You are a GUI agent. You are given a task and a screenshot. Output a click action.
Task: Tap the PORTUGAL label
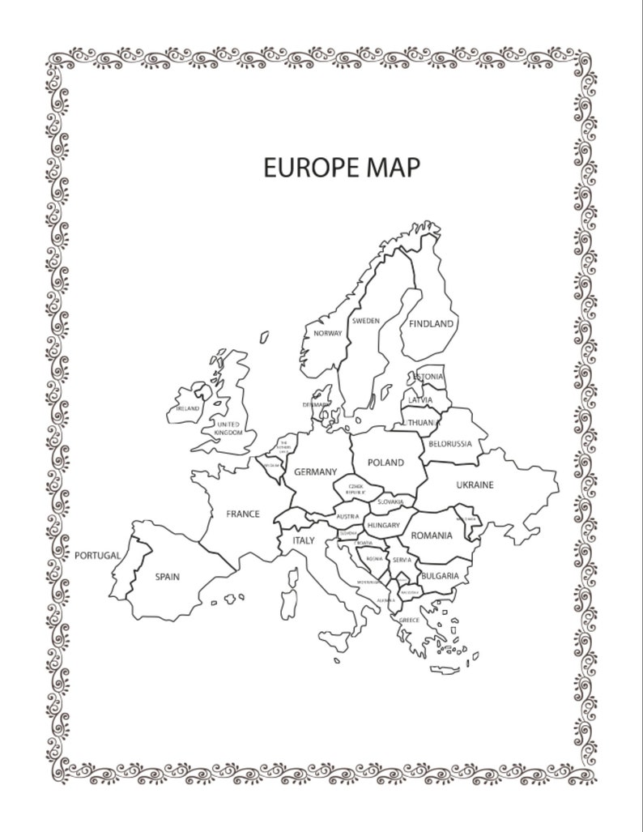97,556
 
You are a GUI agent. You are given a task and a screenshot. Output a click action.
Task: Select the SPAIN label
167,577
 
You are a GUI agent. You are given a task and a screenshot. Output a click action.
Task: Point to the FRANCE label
242,514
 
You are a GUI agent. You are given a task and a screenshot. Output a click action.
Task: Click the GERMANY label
315,471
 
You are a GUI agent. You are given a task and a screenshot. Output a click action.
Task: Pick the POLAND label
385,463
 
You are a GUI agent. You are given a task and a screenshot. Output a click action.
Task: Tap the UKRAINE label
475,485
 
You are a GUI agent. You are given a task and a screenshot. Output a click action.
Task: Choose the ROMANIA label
431,535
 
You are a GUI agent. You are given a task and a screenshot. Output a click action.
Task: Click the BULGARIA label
440,576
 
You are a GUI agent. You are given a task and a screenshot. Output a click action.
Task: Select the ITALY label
303,540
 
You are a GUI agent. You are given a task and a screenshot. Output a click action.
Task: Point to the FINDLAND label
431,323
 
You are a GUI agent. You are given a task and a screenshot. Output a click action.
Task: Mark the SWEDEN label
365,321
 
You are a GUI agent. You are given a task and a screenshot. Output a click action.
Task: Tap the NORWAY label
327,333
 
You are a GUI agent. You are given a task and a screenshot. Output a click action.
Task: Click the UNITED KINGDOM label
228,429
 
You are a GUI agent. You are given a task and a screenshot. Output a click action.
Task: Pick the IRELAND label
188,409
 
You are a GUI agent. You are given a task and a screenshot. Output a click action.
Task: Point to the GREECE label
409,620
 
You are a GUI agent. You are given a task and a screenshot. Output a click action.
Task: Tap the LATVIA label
420,400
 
